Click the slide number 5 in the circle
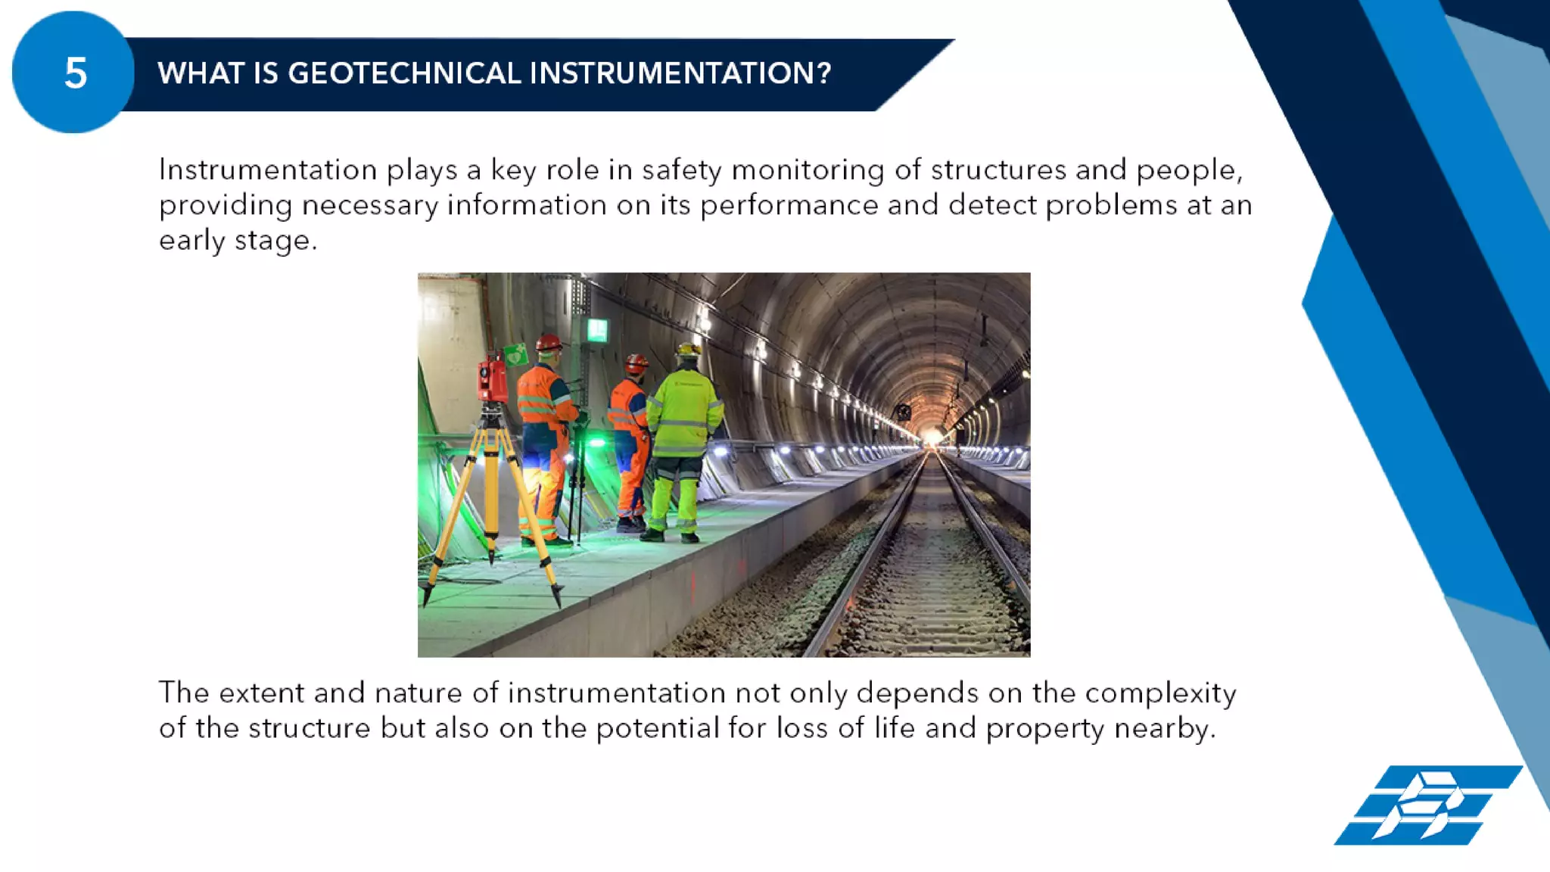point(75,74)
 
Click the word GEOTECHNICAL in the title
point(405,73)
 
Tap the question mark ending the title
point(824,73)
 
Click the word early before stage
point(191,241)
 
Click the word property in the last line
point(1044,729)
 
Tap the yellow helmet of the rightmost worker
point(688,350)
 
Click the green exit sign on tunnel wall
point(597,330)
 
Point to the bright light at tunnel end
point(929,437)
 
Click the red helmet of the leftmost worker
point(549,343)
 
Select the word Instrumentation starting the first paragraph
point(268,170)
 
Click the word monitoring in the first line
point(808,170)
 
